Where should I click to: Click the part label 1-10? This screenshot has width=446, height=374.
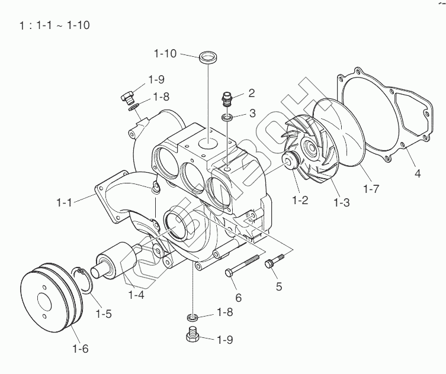(164, 54)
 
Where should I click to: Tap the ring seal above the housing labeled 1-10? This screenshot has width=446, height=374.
(207, 59)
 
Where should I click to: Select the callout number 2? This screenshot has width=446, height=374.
(251, 93)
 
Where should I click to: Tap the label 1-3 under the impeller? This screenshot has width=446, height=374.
(342, 202)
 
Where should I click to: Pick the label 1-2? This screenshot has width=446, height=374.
(300, 200)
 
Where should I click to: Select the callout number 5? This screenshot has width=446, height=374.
(278, 287)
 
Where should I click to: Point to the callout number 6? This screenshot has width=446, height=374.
(238, 297)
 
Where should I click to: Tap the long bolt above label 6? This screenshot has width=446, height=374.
(242, 265)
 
